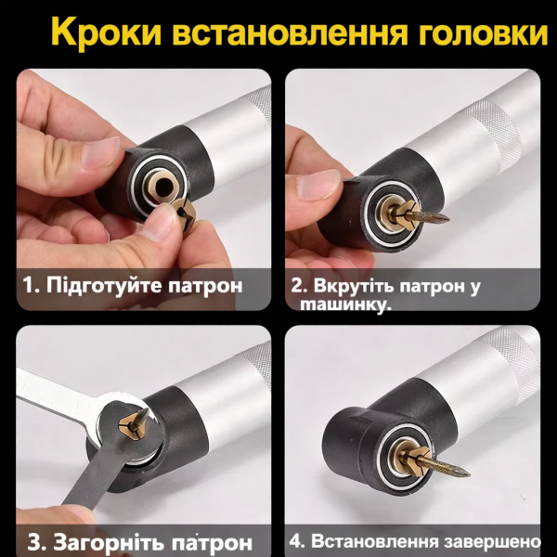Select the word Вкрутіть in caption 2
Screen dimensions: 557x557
click(x=365, y=284)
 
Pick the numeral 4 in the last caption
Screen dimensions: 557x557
click(x=295, y=540)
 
